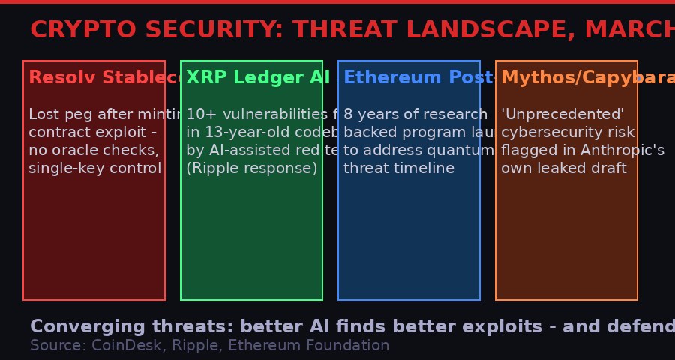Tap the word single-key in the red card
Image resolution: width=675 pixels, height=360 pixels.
(x=61, y=168)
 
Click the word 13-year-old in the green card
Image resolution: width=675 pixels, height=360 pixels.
(x=247, y=133)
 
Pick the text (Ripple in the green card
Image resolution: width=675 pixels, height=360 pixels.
(x=213, y=168)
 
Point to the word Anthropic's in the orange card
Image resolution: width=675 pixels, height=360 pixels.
(x=620, y=150)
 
